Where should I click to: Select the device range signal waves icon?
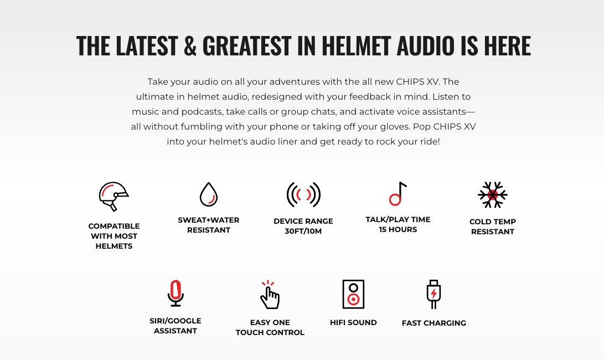click(303, 194)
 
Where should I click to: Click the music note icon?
click(397, 193)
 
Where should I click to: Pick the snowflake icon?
click(493, 194)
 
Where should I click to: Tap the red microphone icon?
click(175, 293)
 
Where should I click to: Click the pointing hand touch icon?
click(270, 295)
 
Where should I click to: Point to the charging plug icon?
click(433, 294)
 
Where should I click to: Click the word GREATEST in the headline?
click(247, 45)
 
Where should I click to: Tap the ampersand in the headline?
click(190, 45)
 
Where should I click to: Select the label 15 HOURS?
click(398, 229)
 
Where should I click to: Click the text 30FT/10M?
click(303, 231)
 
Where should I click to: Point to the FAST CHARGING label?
click(433, 323)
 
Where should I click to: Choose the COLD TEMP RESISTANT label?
click(493, 227)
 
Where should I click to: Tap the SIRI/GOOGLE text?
click(175, 321)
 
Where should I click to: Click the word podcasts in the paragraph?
click(202, 112)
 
